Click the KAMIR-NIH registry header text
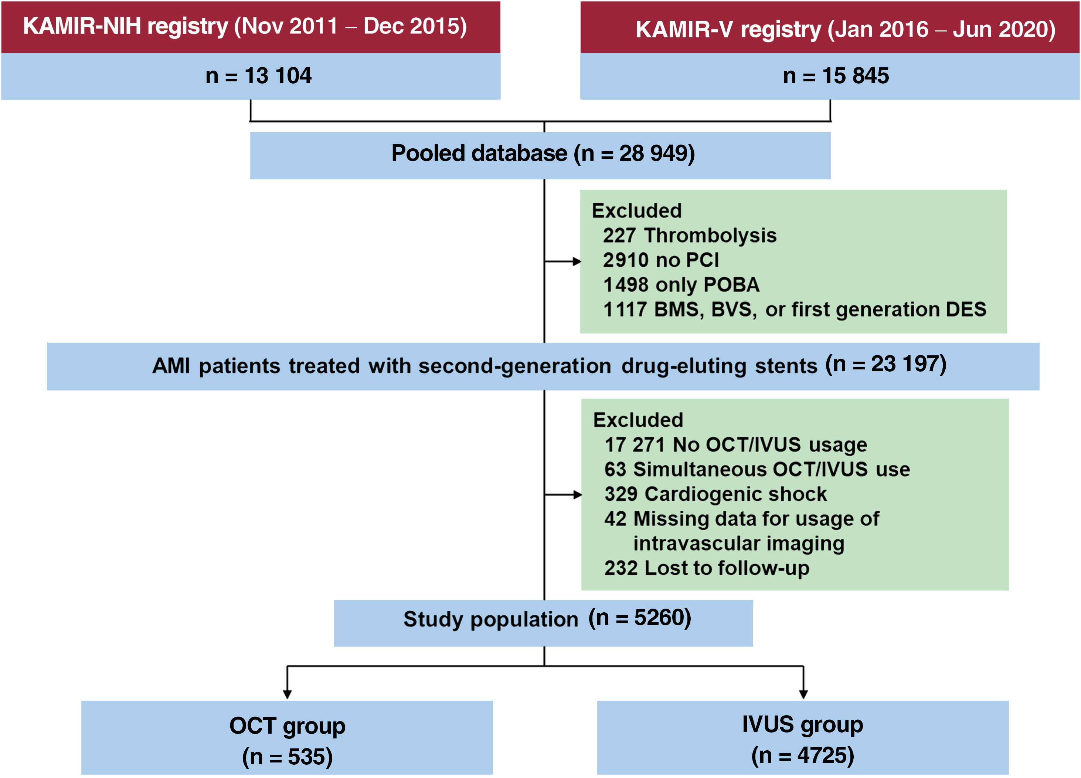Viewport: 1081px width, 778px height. point(245,26)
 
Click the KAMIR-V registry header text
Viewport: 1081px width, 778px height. point(845,30)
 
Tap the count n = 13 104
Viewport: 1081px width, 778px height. point(258,76)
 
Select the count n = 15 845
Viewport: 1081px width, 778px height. point(836,76)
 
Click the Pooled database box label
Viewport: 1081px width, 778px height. point(543,153)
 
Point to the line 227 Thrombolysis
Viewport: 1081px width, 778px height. point(689,236)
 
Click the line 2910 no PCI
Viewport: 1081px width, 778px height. point(661,260)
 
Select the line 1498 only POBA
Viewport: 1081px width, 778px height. point(681,285)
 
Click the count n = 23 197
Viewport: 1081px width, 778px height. point(885,365)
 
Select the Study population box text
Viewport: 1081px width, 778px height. point(547,619)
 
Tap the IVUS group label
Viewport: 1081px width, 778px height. point(803,725)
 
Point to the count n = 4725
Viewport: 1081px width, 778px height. point(803,755)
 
